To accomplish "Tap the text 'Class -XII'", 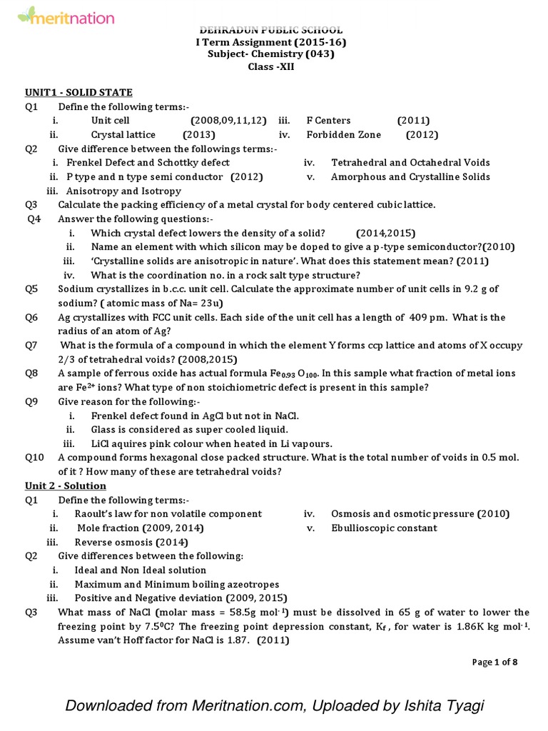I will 270,66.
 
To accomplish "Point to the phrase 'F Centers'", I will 328,121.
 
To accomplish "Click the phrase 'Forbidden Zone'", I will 344,134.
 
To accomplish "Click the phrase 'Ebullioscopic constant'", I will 384,528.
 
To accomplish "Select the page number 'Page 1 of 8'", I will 494,662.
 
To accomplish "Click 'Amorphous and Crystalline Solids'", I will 410,176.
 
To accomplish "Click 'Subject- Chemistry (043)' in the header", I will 270,54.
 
